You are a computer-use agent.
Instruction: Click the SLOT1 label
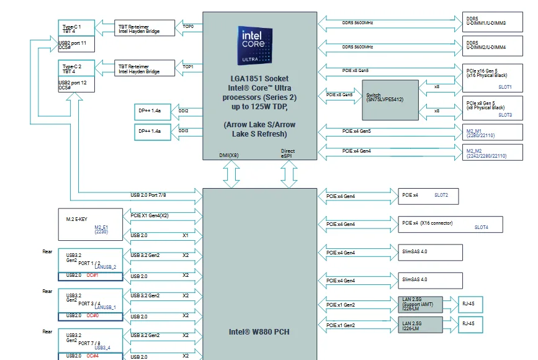click(504, 87)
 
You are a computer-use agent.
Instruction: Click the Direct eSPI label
click(287, 154)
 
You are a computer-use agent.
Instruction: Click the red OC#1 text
click(92, 275)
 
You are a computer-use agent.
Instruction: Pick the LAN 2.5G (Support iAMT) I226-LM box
click(419, 304)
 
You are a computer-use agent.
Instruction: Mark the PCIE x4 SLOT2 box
click(429, 196)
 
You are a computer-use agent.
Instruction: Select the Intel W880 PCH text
click(259, 331)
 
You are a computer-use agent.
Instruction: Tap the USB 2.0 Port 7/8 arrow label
click(148, 195)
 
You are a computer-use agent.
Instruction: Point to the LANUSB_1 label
click(105, 307)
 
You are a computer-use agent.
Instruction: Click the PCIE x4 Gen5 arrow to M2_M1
click(357, 131)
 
